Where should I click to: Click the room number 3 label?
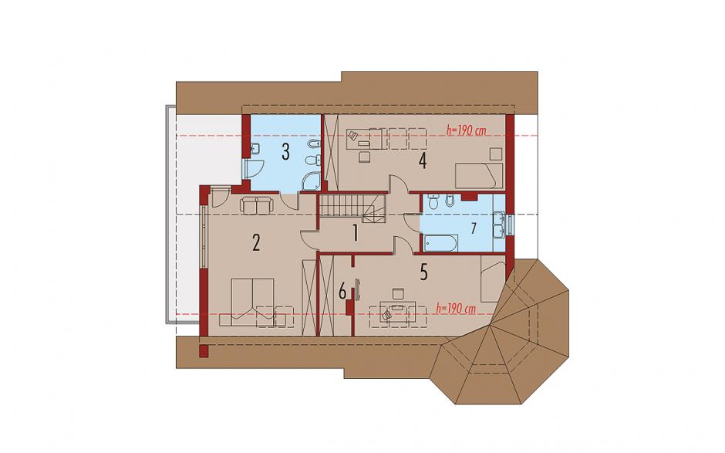pyautogui.click(x=285, y=152)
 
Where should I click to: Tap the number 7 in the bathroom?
pyautogui.click(x=473, y=228)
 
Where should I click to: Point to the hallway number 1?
pyautogui.click(x=355, y=233)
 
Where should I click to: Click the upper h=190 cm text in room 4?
pyautogui.click(x=467, y=130)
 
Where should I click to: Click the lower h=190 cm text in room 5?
pyautogui.click(x=457, y=309)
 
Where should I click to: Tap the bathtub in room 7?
pyautogui.click(x=440, y=243)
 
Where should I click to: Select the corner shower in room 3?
pyautogui.click(x=312, y=182)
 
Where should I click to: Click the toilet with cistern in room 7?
pyautogui.click(x=433, y=202)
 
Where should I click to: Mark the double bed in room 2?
pyautogui.click(x=252, y=299)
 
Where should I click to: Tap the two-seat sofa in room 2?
pyautogui.click(x=256, y=206)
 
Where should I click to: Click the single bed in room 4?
pyautogui.click(x=479, y=175)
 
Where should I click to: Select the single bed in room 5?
pyautogui.click(x=492, y=279)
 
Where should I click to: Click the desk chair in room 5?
pyautogui.click(x=398, y=294)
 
